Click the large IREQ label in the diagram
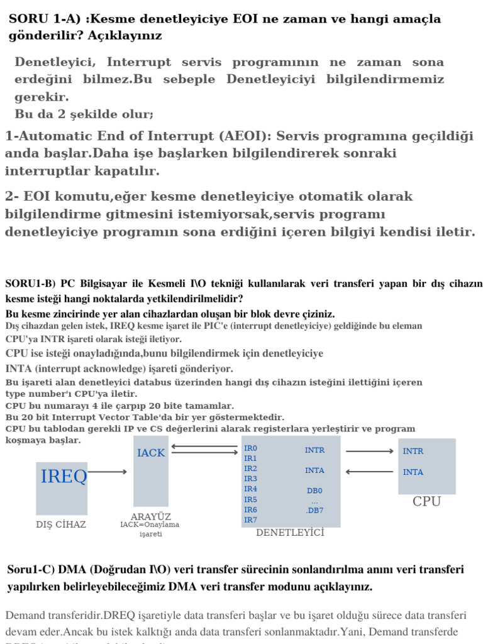click(x=64, y=477)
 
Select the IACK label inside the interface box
click(x=151, y=453)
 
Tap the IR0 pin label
click(x=250, y=448)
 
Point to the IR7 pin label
click(x=250, y=519)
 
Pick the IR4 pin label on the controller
click(x=250, y=489)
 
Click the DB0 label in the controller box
click(x=314, y=491)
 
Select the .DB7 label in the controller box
click(x=314, y=510)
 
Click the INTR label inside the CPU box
click(x=413, y=451)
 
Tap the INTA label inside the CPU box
click(x=413, y=472)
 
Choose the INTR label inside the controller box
click(x=314, y=450)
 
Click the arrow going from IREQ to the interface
click(x=108, y=471)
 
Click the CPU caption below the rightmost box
click(x=426, y=502)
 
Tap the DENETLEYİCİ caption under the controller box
click(x=290, y=533)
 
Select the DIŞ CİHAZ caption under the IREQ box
click(x=61, y=524)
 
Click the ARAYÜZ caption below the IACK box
click(x=151, y=516)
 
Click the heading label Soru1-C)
click(x=30, y=570)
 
